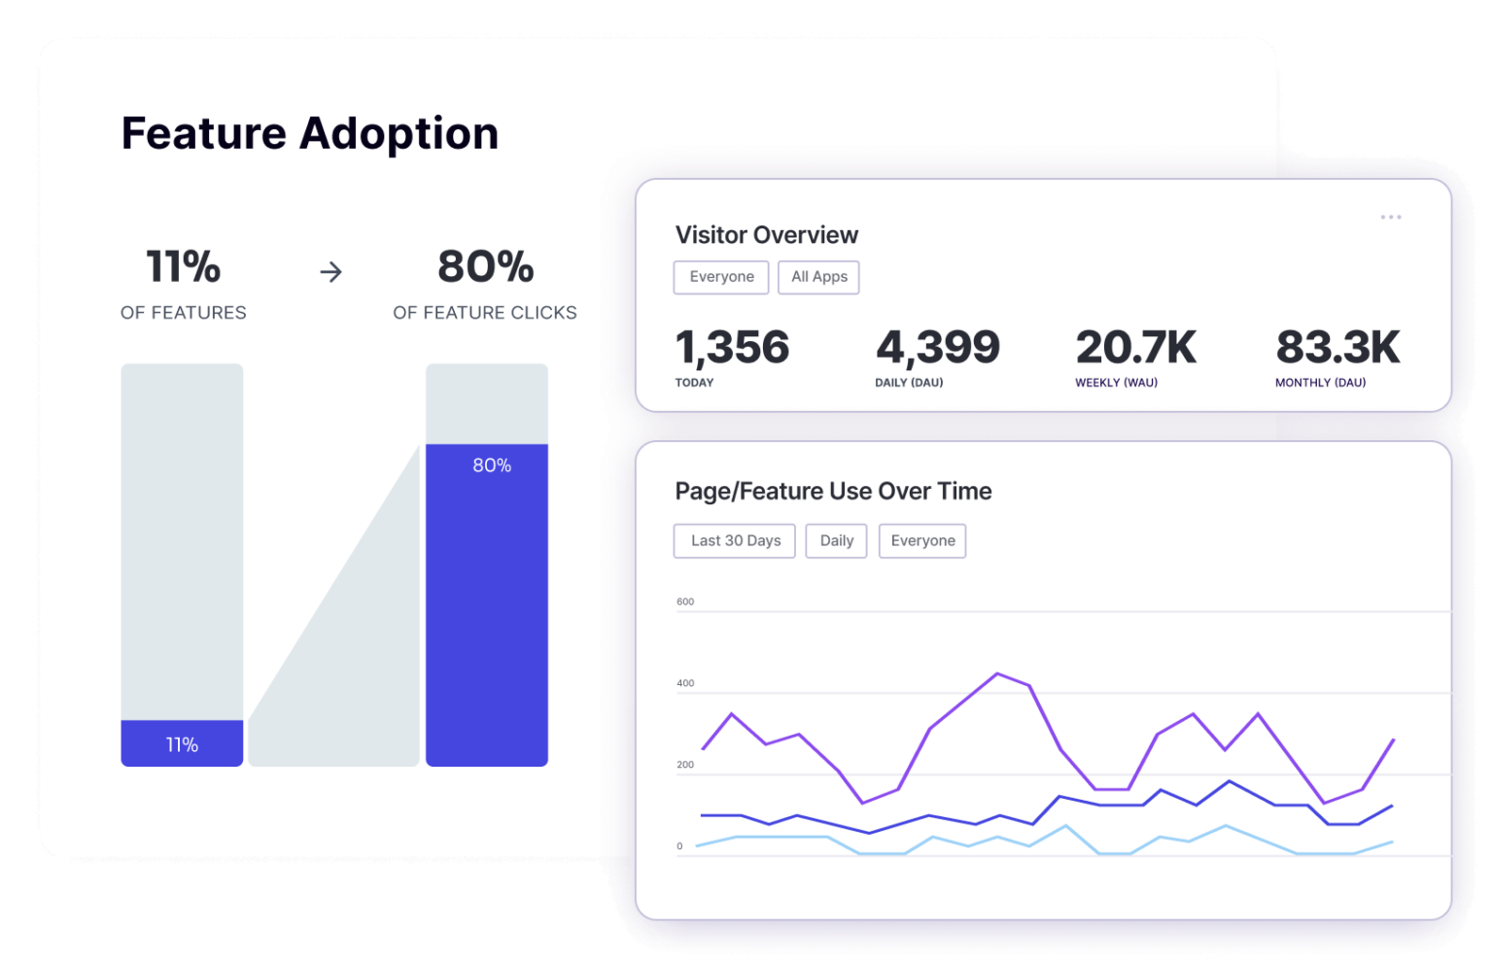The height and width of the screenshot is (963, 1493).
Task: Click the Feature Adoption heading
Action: [309, 134]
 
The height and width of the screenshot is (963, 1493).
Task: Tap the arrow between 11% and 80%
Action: [331, 272]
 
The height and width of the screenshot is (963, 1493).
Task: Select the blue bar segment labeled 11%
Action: [182, 743]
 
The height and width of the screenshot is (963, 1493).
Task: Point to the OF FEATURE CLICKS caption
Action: [484, 313]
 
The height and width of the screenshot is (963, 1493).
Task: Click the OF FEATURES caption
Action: [183, 313]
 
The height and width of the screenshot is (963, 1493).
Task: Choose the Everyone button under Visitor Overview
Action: [721, 277]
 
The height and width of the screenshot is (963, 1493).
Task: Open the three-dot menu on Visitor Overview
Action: [1390, 217]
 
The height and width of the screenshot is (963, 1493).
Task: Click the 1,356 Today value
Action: [732, 348]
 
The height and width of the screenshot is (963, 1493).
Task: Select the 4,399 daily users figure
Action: [937, 348]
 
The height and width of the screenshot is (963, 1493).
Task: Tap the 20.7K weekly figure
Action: [1135, 348]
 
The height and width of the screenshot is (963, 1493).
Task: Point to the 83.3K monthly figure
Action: [1337, 348]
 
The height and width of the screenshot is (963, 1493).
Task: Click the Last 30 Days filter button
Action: [735, 541]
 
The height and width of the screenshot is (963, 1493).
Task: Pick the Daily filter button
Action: [836, 541]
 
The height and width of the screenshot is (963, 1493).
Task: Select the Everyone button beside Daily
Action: [922, 541]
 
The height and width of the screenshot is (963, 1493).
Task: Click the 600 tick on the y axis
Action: [685, 602]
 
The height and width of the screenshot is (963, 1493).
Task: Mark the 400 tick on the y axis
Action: [685, 684]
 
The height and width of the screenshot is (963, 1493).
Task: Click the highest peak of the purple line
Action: [997, 673]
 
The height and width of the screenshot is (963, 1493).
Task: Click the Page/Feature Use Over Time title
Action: [833, 492]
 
